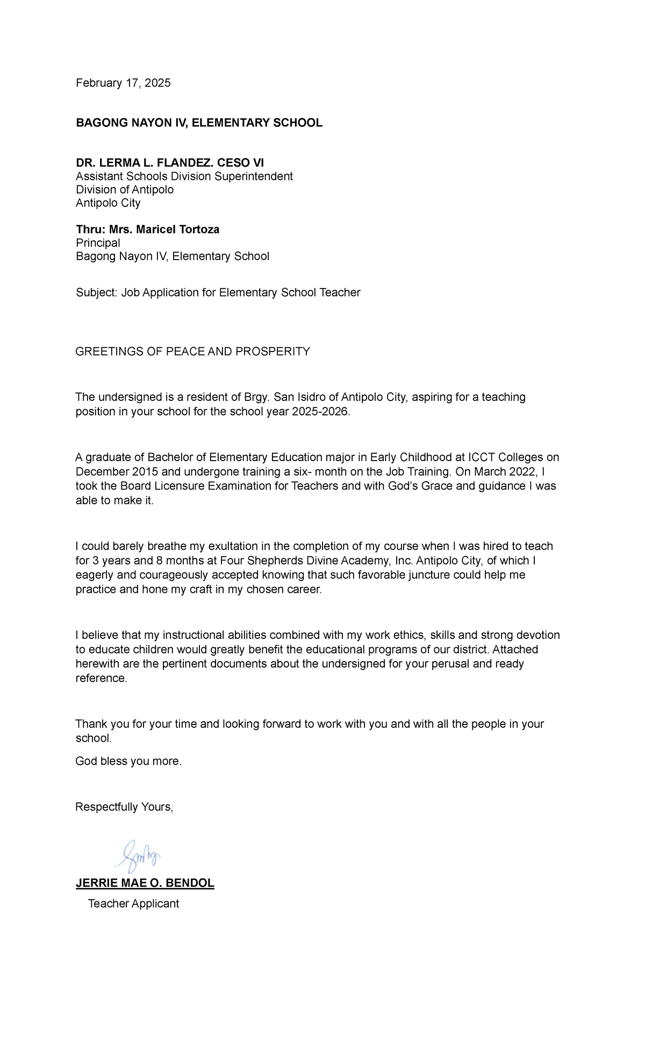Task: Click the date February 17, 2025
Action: point(123,83)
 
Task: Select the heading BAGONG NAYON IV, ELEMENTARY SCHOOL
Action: point(199,123)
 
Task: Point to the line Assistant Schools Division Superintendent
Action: point(184,176)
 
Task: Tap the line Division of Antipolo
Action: point(125,190)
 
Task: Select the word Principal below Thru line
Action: point(98,243)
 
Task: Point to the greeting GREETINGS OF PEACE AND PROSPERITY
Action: point(192,351)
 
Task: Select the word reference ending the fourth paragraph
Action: point(101,678)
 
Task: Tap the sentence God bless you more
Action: point(128,761)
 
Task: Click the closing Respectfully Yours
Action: point(124,807)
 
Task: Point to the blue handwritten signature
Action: point(138,855)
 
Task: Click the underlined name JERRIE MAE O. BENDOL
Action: point(145,883)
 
